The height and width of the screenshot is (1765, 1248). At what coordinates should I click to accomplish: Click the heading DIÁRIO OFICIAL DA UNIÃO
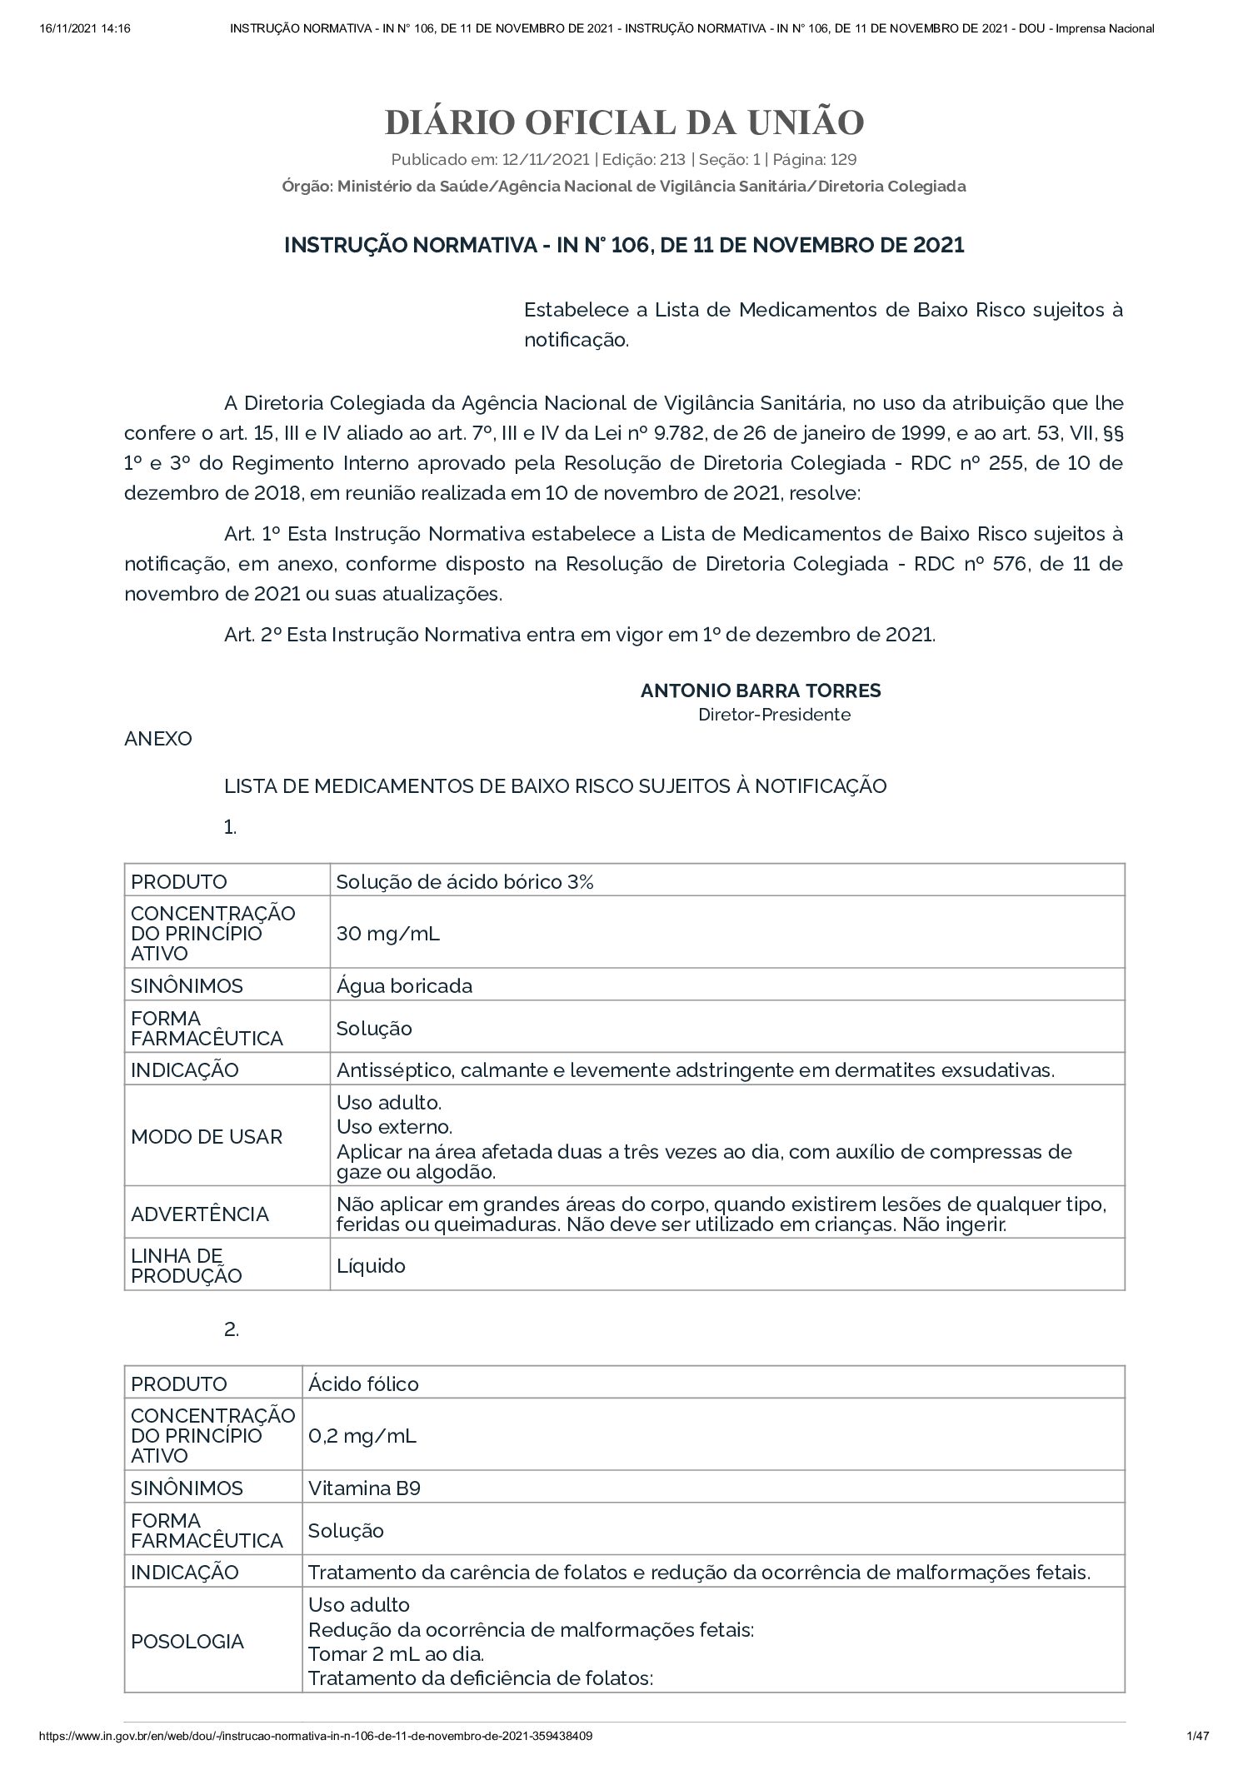point(624,122)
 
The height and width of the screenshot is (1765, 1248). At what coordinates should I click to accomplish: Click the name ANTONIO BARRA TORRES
point(760,690)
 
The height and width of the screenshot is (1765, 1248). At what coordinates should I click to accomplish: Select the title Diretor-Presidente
point(774,714)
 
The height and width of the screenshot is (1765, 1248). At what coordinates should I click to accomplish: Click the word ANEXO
point(158,739)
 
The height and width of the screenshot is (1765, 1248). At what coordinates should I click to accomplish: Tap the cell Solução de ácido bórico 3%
point(465,881)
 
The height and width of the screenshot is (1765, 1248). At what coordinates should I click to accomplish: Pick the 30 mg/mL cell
point(387,933)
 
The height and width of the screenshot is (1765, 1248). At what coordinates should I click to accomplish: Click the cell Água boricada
point(404,985)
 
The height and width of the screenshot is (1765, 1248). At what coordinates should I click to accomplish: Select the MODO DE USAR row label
point(207,1136)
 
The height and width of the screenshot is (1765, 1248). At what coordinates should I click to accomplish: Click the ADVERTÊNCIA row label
point(200,1214)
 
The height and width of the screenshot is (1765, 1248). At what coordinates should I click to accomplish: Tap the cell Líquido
point(371,1265)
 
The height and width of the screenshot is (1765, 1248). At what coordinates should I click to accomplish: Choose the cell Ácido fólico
point(363,1384)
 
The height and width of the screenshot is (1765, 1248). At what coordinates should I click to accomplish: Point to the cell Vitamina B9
point(364,1488)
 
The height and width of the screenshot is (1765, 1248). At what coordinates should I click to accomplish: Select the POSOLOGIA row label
point(187,1641)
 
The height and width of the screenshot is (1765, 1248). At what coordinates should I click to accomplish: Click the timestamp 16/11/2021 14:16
point(85,28)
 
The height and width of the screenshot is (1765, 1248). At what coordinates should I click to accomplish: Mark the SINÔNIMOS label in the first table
point(187,985)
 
